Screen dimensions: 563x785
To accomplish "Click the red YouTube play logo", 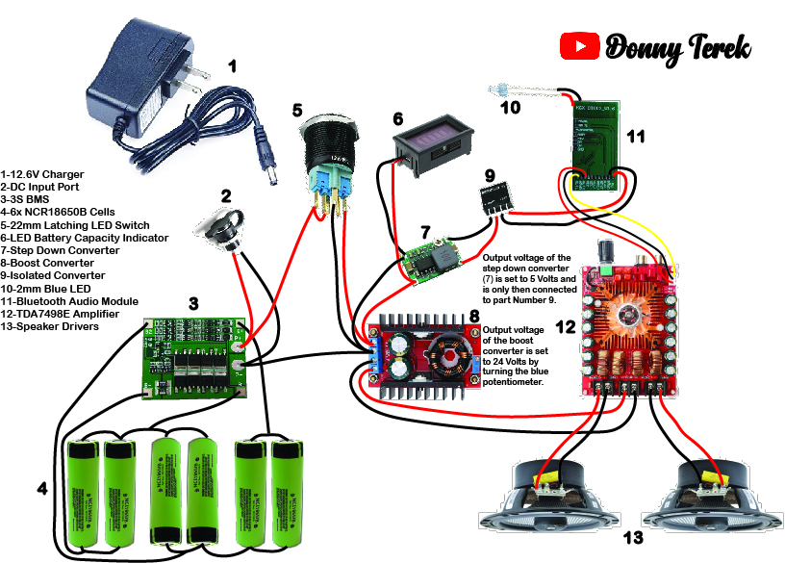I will (579, 45).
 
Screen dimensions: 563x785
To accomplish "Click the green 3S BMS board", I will (190, 357).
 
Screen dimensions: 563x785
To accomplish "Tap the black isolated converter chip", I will (493, 199).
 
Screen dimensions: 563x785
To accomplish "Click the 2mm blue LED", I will (498, 90).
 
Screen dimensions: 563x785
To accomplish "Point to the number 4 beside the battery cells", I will (41, 489).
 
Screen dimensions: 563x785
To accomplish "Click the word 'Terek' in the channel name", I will (716, 47).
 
